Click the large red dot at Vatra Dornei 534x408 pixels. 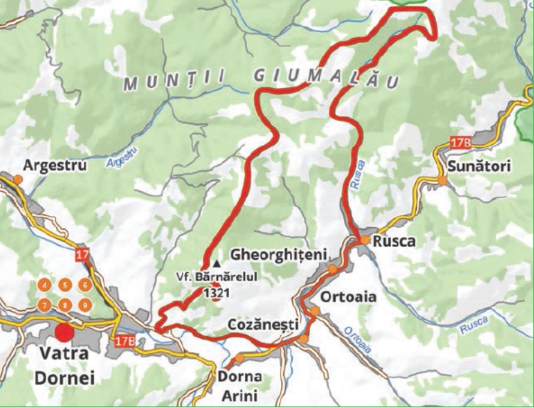65,331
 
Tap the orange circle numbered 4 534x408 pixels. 44,285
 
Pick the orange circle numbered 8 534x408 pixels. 65,305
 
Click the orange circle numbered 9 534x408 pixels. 85,305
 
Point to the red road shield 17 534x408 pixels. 82,255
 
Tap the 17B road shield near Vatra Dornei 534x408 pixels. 122,341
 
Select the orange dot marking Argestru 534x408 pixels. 18,179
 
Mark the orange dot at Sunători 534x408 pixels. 442,180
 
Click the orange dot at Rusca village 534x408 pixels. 365,240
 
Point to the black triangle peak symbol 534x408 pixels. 217,264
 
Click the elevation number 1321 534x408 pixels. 216,293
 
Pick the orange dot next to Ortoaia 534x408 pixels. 314,311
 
